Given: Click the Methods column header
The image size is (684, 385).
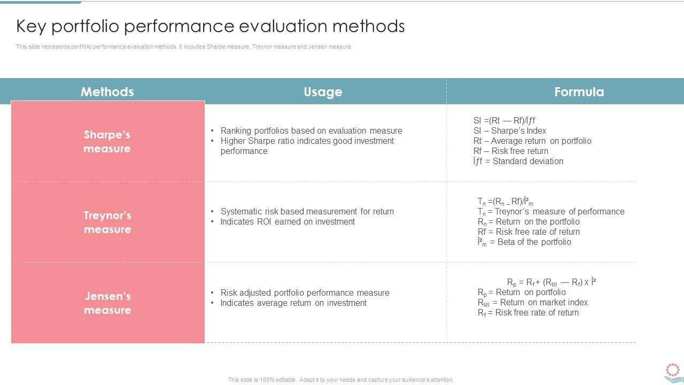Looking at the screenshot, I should tap(107, 91).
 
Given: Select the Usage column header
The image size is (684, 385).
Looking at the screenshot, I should tap(323, 91).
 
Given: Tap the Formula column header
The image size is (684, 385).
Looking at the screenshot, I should tap(579, 91).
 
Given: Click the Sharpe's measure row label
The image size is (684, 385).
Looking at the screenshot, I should tap(107, 142).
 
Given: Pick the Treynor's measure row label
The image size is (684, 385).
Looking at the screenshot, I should tap(107, 222).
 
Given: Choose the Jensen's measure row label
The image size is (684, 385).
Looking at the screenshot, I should tap(107, 303).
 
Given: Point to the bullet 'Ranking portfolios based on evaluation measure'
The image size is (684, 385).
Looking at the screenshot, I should tap(311, 130).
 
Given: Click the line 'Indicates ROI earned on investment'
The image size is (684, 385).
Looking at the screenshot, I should tap(287, 221).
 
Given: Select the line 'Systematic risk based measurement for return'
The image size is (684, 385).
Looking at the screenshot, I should tap(307, 211).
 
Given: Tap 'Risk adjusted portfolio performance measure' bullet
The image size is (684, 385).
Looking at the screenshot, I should tap(305, 292).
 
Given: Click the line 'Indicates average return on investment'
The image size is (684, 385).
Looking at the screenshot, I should tap(293, 303).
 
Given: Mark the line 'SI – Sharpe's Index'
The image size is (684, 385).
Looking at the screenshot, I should tap(509, 130).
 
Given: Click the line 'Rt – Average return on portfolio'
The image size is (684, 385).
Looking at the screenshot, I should tap(532, 141).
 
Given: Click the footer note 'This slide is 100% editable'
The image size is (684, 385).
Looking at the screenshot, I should tap(341, 380).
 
